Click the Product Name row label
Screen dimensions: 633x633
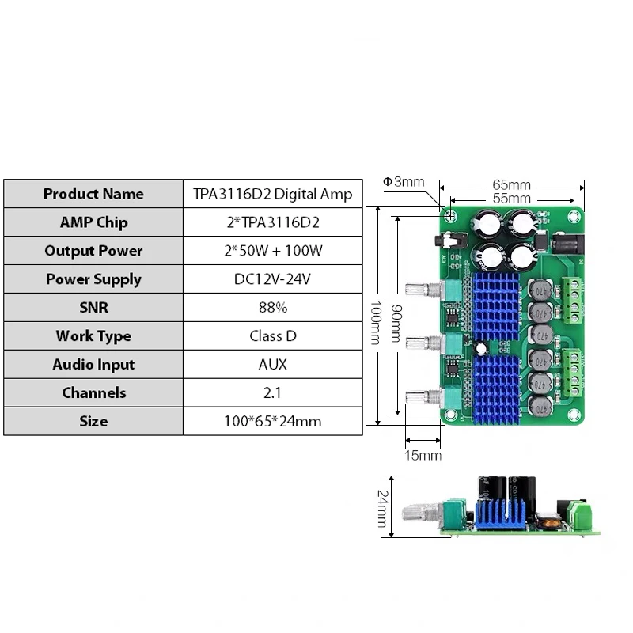93,194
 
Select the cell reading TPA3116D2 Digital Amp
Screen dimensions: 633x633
272,194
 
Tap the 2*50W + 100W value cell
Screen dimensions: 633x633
273,251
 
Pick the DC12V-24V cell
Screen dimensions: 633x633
272,279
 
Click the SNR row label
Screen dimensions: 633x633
93,308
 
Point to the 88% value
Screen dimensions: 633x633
273,308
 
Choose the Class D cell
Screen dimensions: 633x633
273,335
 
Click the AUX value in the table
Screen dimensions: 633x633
272,364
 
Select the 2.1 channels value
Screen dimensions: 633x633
272,392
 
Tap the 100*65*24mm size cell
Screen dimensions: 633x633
272,421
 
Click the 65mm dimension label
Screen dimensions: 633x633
511,185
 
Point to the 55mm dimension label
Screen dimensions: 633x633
511,199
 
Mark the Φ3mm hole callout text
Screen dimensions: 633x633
404,182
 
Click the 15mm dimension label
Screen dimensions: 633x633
423,456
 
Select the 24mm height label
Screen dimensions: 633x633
383,509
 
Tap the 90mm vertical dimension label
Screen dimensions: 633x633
397,324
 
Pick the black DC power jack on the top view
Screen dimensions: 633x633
568,244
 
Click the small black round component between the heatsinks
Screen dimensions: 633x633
481,348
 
